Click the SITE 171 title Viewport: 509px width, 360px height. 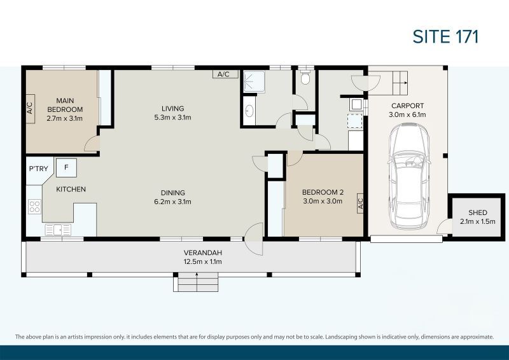(x=445, y=36)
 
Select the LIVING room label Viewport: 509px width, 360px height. (x=172, y=107)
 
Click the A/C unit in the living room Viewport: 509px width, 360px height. (x=224, y=74)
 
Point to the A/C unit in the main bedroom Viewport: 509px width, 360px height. (x=30, y=107)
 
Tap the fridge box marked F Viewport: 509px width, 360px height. (x=66, y=168)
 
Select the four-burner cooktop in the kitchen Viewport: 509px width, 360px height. (x=34, y=206)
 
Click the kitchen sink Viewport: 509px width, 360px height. (x=58, y=230)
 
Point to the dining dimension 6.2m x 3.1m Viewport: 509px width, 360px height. (x=172, y=202)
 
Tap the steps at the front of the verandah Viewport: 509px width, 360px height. (x=197, y=282)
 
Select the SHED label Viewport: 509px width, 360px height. (x=477, y=213)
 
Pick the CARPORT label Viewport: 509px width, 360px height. (x=407, y=106)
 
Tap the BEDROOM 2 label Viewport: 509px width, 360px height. (x=322, y=193)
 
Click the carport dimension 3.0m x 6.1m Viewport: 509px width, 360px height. (x=407, y=114)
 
